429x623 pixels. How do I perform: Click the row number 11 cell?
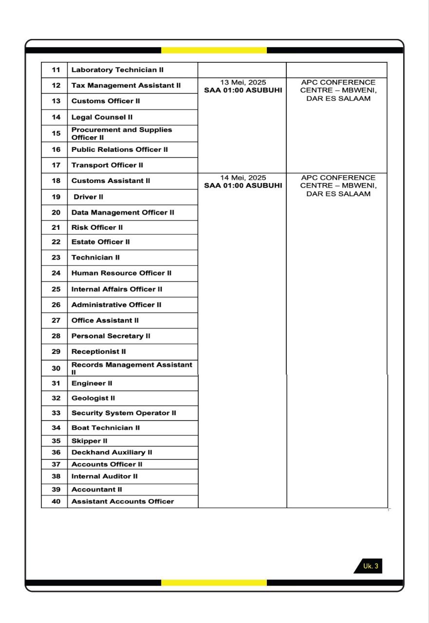point(56,70)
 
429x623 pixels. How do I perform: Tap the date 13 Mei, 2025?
point(243,82)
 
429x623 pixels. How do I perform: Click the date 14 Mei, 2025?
point(243,178)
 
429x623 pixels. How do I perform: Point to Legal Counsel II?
point(102,117)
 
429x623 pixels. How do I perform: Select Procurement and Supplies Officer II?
point(122,133)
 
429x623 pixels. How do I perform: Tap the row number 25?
point(56,289)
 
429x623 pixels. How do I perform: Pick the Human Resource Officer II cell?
point(121,273)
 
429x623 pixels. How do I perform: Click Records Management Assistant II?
point(131,368)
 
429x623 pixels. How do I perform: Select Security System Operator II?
point(124,413)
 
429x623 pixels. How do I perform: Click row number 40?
point(56,501)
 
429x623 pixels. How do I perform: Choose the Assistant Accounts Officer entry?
point(122,501)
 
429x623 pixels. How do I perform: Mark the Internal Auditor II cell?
point(104,476)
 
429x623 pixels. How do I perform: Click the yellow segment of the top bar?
point(214,50)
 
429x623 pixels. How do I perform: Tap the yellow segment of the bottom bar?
point(214,583)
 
